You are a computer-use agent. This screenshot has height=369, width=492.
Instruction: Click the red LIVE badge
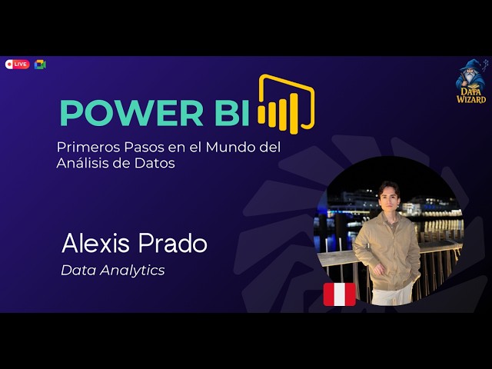tap(17, 65)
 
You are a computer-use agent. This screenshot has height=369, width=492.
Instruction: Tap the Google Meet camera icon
tap(40, 65)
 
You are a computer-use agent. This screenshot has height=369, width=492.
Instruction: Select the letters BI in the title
tap(227, 113)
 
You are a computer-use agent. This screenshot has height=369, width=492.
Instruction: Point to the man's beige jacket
tap(384, 250)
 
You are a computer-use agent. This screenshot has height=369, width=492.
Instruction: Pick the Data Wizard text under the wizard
tap(470, 95)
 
